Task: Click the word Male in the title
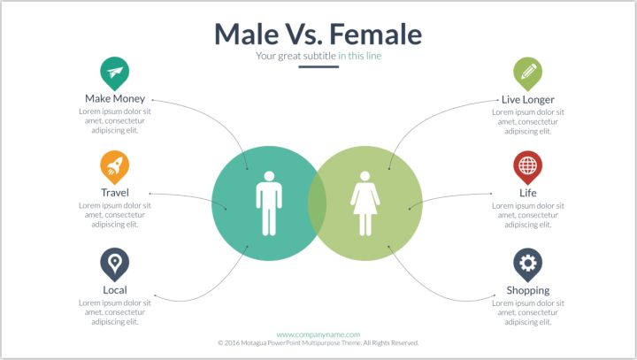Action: tap(246, 34)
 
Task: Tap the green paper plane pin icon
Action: tap(114, 73)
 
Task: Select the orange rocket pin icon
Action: tap(114, 167)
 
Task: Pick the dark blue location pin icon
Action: tap(114, 264)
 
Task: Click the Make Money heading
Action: tap(115, 99)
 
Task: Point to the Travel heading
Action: tap(115, 193)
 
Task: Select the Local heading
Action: tap(115, 290)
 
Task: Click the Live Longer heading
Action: tap(527, 100)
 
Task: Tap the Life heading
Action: tap(527, 193)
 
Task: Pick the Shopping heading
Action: tap(527, 290)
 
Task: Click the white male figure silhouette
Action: tap(269, 203)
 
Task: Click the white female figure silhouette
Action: tap(365, 203)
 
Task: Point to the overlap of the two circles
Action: tap(317, 203)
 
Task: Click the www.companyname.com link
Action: tap(318, 335)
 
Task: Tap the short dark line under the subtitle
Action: tap(318, 66)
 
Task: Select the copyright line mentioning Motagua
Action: tap(318, 343)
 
